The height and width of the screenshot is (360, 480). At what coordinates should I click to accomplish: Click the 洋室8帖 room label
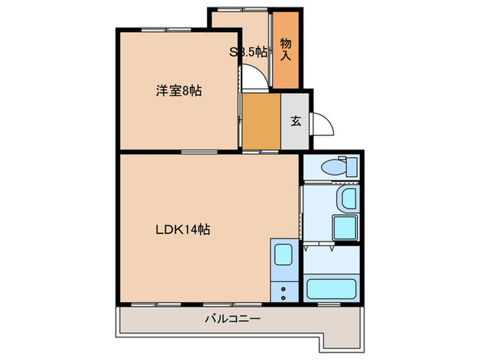coord(178,91)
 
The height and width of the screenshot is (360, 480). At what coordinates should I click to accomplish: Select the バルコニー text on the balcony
coord(232,319)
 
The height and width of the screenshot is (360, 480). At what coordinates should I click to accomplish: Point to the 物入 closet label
coord(286,49)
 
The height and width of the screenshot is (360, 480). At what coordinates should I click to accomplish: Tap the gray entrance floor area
coord(296,137)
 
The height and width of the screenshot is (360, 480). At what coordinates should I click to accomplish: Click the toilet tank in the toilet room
coord(352,167)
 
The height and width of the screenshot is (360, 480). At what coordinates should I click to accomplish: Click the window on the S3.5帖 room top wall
coord(239,10)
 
